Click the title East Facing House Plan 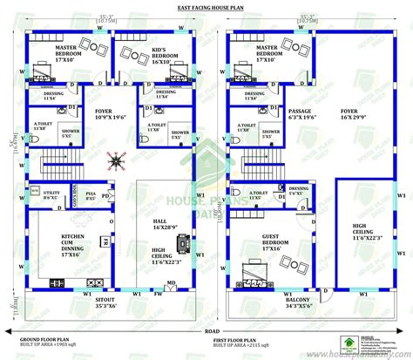(x=206, y=8)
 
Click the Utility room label (x=51, y=196)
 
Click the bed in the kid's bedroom (x=135, y=58)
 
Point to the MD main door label (x=171, y=282)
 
